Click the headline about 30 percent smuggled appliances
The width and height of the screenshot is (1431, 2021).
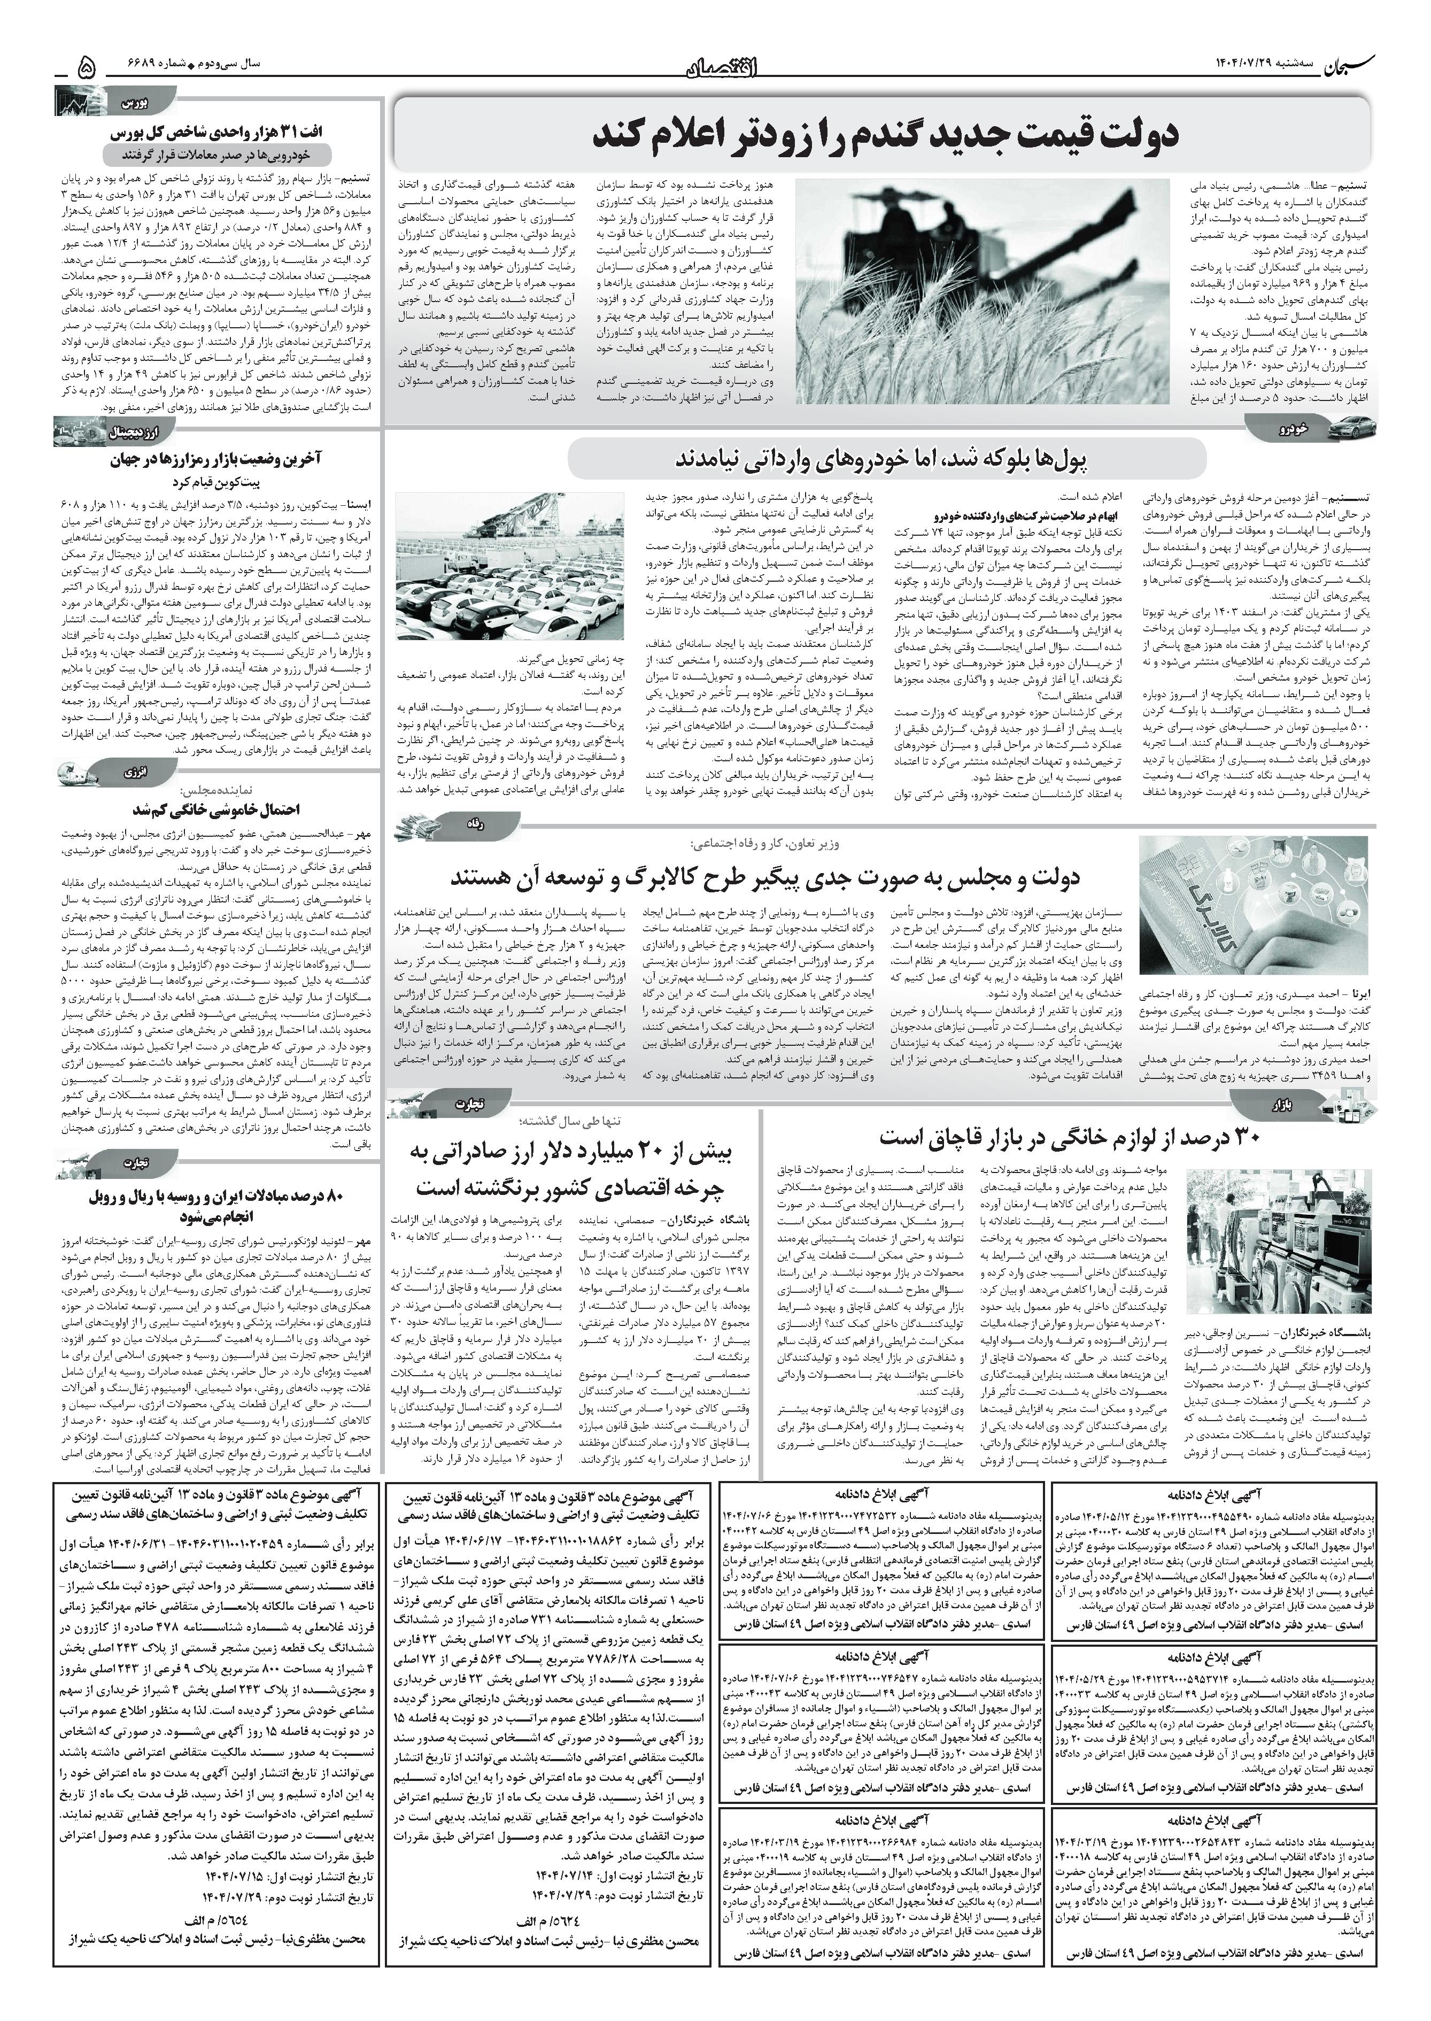(x=1070, y=1138)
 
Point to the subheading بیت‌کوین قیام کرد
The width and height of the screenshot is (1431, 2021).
(x=218, y=483)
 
